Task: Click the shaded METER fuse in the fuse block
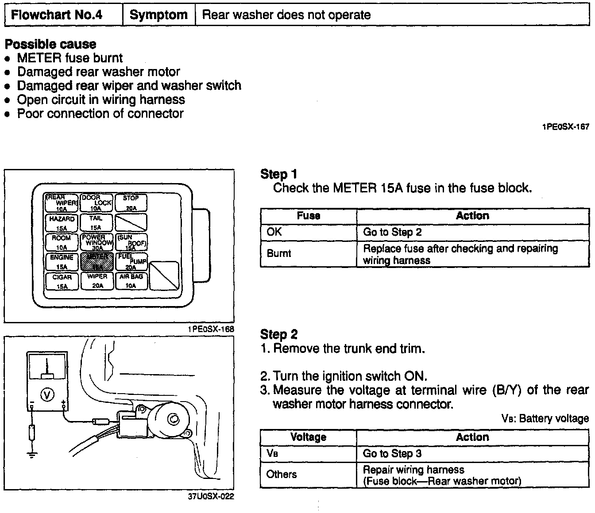[x=97, y=262]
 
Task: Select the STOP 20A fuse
[x=131, y=203]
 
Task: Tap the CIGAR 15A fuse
[x=62, y=281]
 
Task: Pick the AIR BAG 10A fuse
[x=131, y=281]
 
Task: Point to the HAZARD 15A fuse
[x=62, y=223]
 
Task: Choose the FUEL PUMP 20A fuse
[x=131, y=262]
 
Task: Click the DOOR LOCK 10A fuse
[x=97, y=203]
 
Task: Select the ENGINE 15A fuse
[x=62, y=262]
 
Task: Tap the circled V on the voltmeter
[x=47, y=394]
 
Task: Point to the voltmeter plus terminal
[x=65, y=403]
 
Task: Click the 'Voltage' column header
[x=308, y=437]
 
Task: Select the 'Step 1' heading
[x=279, y=174]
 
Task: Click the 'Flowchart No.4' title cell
[x=57, y=15]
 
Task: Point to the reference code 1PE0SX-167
[x=565, y=127]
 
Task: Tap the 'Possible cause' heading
[x=50, y=44]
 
